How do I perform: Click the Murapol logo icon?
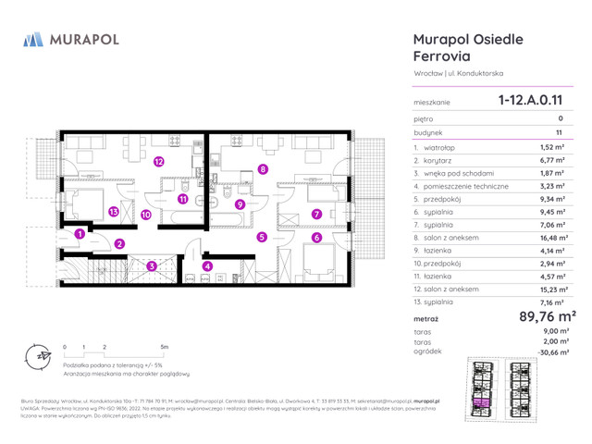[33, 39]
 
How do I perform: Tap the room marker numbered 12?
[160, 161]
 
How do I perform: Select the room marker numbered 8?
[264, 169]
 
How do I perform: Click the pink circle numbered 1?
[80, 235]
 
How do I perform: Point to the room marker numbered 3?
[151, 266]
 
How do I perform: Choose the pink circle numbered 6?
[316, 239]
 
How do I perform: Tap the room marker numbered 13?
[114, 212]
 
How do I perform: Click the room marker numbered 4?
[207, 266]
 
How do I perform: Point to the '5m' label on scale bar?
[164, 347]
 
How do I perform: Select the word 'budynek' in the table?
[428, 132]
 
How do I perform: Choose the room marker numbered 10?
[146, 214]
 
